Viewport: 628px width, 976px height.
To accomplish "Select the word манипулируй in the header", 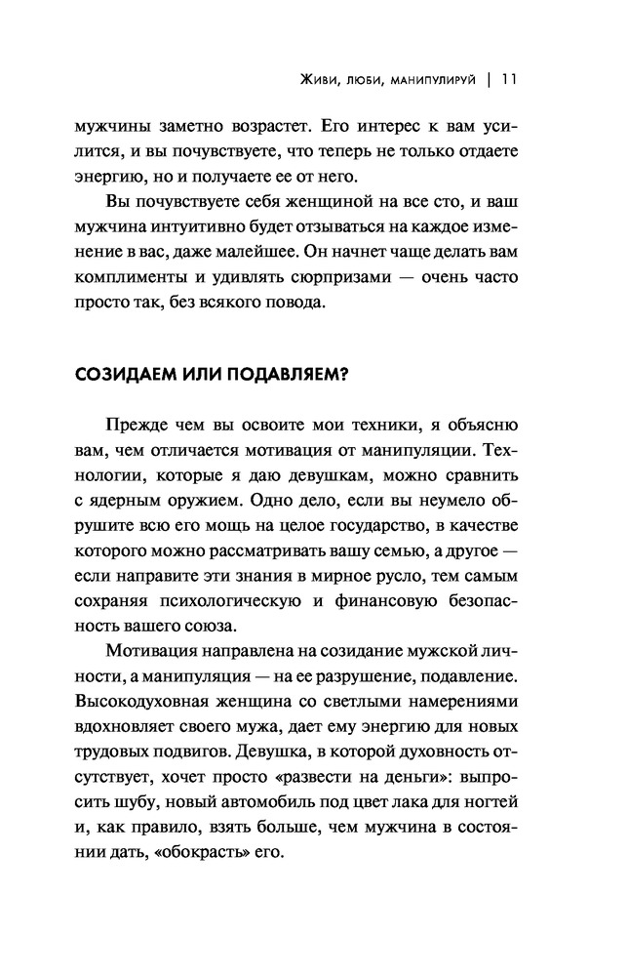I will pos(432,80).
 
